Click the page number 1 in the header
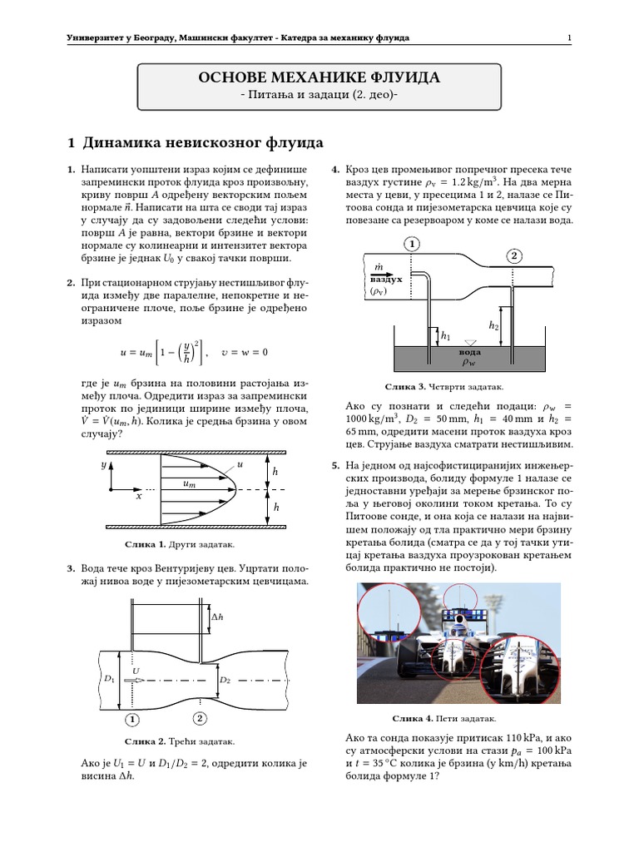pos(569,38)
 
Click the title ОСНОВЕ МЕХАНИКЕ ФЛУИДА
pos(319,78)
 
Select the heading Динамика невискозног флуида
pos(193,143)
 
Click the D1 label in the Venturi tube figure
pos(108,680)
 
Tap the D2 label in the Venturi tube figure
pos(225,680)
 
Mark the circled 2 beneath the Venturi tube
pos(200,718)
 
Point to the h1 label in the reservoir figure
pos(445,337)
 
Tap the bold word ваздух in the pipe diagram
pos(386,280)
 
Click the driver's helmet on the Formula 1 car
pos(458,621)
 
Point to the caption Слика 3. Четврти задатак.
pos(444,387)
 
